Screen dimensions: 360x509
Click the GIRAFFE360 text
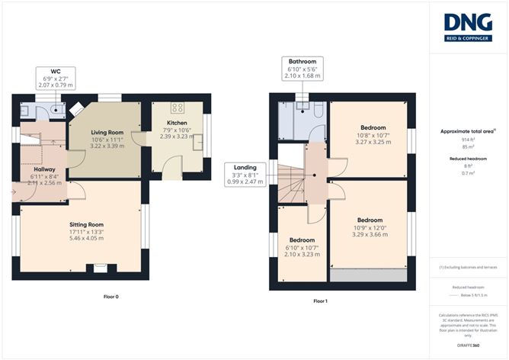click(x=468, y=345)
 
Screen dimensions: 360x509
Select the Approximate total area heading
click(x=466, y=131)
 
